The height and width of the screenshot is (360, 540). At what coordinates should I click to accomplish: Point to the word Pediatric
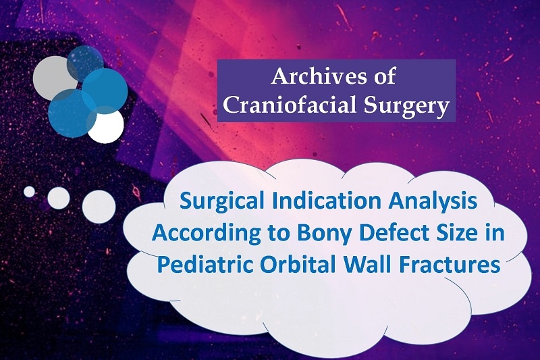[x=205, y=265]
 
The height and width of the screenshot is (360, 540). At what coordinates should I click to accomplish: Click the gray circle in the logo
[x=52, y=78]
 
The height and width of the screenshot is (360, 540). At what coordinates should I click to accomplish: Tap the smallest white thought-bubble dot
[x=29, y=192]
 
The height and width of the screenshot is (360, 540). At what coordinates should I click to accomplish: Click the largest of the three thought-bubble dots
[x=99, y=207]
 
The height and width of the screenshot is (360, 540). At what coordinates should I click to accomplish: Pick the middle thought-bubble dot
[x=59, y=198]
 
